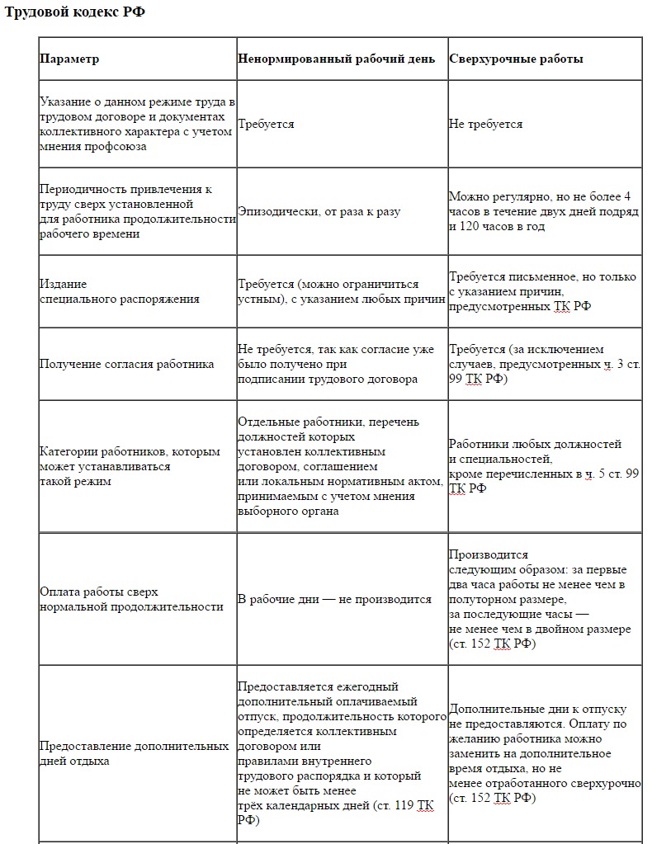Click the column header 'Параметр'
coord(69,59)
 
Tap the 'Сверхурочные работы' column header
coord(516,59)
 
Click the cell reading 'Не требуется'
coord(485,125)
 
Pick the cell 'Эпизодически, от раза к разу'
coord(319,212)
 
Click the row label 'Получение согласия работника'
coord(127,365)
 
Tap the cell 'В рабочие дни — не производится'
coord(334,600)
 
